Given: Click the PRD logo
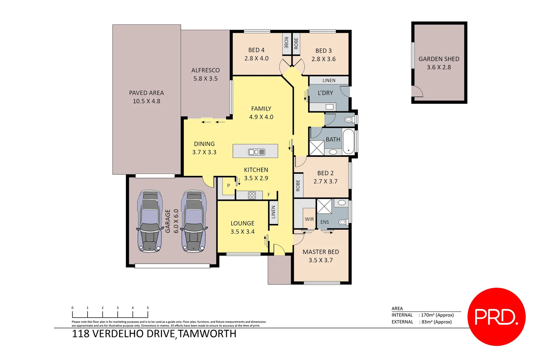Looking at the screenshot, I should pyautogui.click(x=496, y=317).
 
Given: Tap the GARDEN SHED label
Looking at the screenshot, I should pyautogui.click(x=439, y=59).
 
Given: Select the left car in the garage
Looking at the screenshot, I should pyautogui.click(x=150, y=221).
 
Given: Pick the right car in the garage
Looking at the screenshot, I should pyautogui.click(x=194, y=221).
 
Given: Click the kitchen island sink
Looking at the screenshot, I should pyautogui.click(x=257, y=152).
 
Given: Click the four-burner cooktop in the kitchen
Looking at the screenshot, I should pyautogui.click(x=252, y=195).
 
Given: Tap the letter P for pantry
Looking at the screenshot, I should pyautogui.click(x=229, y=186).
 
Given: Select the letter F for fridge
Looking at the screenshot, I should pyautogui.click(x=269, y=195).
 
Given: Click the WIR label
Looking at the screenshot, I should pyautogui.click(x=309, y=219).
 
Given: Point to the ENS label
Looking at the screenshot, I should pyautogui.click(x=324, y=222).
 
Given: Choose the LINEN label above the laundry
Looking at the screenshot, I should pyautogui.click(x=329, y=80).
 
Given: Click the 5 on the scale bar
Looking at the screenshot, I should pyautogui.click(x=148, y=308).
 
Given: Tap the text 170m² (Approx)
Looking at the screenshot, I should pyautogui.click(x=437, y=315).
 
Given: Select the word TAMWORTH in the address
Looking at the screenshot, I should pyautogui.click(x=207, y=334).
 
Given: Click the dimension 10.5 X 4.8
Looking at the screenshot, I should pyautogui.click(x=147, y=101).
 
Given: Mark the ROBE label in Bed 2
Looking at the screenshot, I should pyautogui.click(x=298, y=186).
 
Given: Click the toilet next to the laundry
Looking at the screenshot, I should pyautogui.click(x=349, y=119).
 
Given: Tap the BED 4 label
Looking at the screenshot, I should pyautogui.click(x=256, y=50).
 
